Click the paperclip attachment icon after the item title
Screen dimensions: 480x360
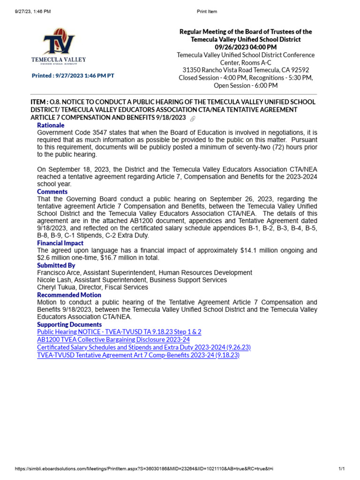[192, 118]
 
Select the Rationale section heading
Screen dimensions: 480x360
[51, 125]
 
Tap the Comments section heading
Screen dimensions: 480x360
[52, 191]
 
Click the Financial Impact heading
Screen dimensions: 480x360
[60, 243]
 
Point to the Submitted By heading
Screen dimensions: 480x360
[56, 265]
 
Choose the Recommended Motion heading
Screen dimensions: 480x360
[69, 295]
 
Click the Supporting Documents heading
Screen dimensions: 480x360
[69, 324]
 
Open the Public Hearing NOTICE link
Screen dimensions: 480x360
[119, 332]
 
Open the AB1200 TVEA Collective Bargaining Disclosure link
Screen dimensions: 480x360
[113, 339]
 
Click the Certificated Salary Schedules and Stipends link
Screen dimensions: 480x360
[144, 347]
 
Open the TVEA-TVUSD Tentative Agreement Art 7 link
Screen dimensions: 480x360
[138, 355]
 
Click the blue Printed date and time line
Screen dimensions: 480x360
[73, 75]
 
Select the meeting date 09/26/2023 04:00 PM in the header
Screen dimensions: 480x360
[246, 47]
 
